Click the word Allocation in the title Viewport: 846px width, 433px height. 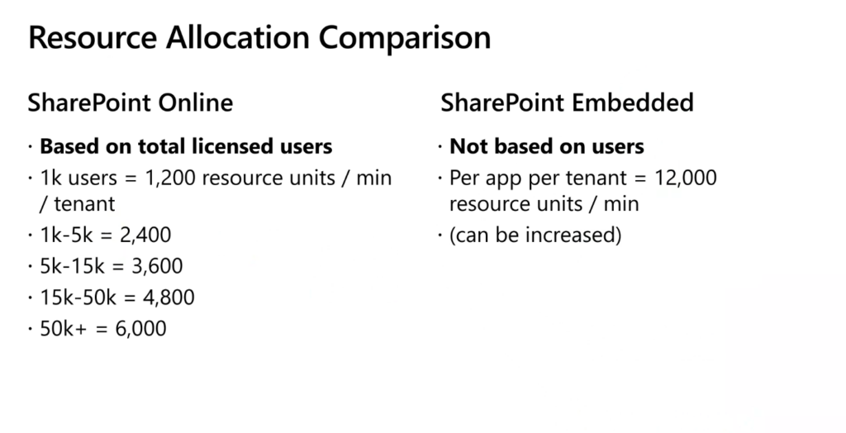point(237,37)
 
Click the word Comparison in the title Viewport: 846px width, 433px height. point(405,39)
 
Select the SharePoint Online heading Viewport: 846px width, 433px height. point(131,102)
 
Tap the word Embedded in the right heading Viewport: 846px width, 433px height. point(632,102)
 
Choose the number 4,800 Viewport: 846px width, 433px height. point(169,297)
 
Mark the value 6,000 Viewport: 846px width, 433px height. point(141,329)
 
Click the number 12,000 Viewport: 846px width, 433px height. point(686,178)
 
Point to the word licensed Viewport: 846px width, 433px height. point(232,146)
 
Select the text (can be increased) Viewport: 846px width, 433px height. point(535,236)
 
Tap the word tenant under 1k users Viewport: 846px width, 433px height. point(85,204)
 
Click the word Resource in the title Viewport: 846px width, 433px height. point(93,37)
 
